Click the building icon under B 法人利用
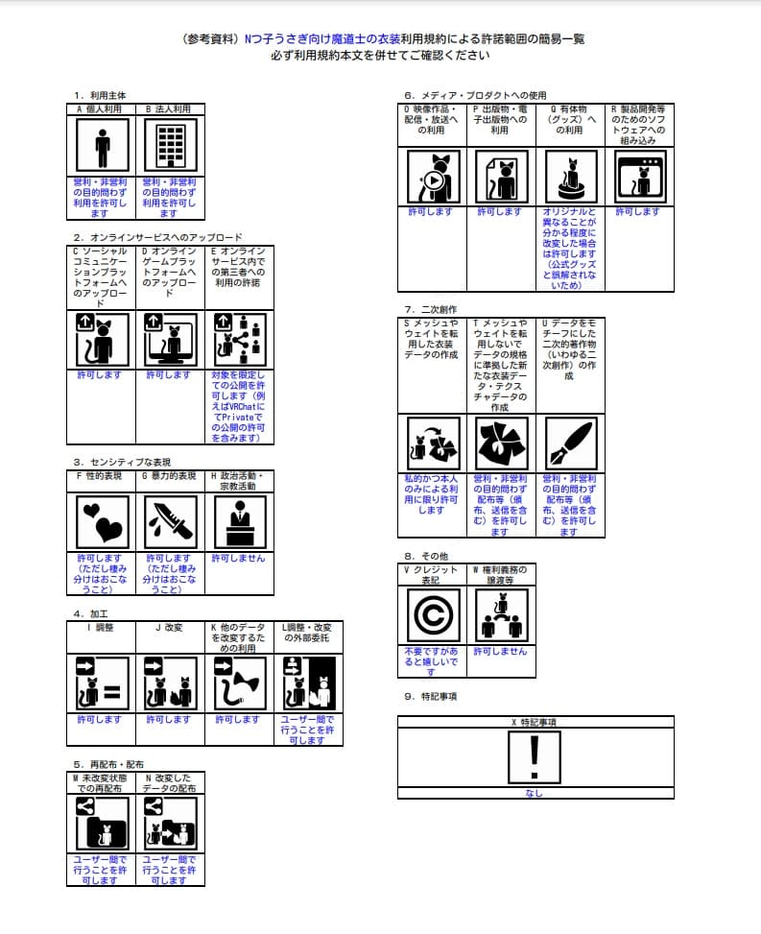(x=170, y=147)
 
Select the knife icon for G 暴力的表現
(x=170, y=522)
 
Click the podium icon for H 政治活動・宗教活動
(x=239, y=522)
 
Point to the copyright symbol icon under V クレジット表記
(x=432, y=615)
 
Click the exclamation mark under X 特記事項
(x=535, y=756)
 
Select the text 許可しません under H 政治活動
(x=239, y=558)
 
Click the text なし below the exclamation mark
(x=535, y=793)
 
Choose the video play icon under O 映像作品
(x=432, y=177)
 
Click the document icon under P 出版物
(x=501, y=177)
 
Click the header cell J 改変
(x=170, y=629)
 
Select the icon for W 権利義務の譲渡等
(x=501, y=615)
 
